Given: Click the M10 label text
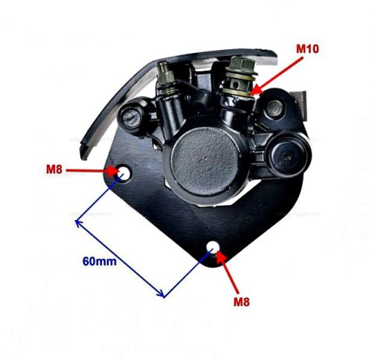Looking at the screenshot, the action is pos(307,49).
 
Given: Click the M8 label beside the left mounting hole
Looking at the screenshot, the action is pos(54,170).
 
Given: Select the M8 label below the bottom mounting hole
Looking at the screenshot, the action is pos(241,302).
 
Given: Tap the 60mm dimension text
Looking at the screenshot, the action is pos(100,261).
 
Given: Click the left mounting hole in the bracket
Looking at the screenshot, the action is pos(124,172).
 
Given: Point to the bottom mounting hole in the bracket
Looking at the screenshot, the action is pos(213,247).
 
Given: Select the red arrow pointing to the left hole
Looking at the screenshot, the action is pos(93,170).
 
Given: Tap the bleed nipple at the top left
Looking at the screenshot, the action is pos(165,72).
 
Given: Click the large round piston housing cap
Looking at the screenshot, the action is pos(205,161).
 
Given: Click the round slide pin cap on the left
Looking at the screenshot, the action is pos(132,117).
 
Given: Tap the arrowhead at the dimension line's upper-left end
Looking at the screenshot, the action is pos(78,222).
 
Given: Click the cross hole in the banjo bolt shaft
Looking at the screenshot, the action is pos(237,86).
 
